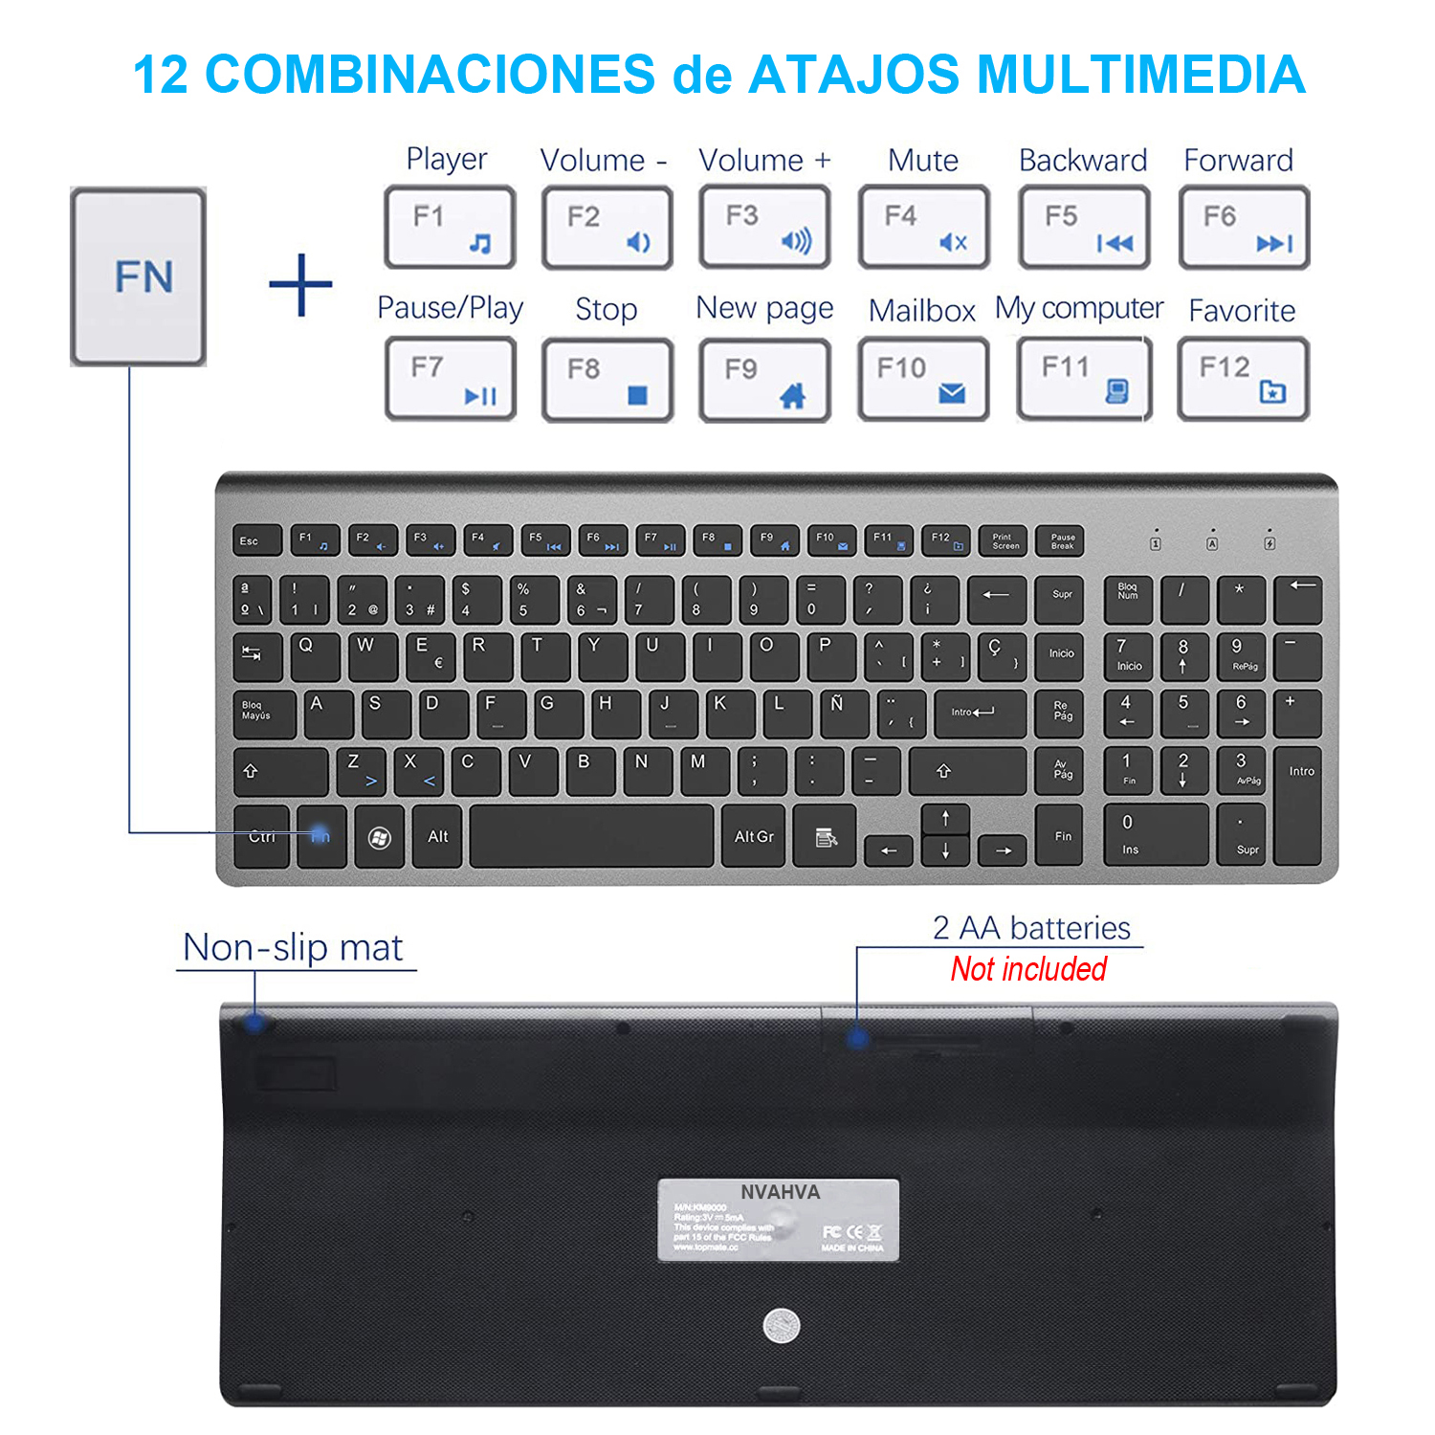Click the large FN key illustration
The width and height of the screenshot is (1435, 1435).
139,276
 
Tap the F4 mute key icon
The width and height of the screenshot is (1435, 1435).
923,227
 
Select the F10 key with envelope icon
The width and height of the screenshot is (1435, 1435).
923,379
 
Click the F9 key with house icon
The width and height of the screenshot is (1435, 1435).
764,380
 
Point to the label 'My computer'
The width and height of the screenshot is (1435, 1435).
1078,308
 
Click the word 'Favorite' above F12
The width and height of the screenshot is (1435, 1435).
1242,310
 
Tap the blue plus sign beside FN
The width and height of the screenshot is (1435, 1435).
300,285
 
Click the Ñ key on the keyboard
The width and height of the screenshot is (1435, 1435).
845,714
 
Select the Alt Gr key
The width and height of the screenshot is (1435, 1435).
754,837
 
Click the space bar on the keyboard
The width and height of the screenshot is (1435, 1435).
591,836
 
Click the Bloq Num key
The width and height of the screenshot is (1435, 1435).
1129,600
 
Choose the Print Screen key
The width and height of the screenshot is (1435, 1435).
1003,541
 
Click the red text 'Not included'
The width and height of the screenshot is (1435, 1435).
1028,969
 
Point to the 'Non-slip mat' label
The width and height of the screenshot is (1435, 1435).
293,947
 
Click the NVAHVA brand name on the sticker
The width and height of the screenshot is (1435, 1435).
780,1192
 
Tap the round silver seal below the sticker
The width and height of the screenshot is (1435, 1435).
781,1325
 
